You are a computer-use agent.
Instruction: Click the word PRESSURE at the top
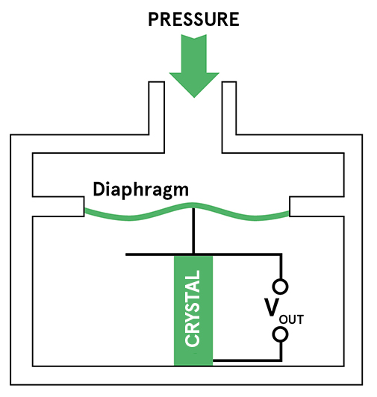pos(193,19)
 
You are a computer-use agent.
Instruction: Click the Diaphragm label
pos(141,190)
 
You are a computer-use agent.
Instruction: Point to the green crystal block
pos(193,310)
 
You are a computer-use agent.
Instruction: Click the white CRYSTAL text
pos(193,308)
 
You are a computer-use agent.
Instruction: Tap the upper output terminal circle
pos(280,287)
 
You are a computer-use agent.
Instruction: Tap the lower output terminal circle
pos(280,334)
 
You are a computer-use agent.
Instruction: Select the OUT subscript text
pos(291,319)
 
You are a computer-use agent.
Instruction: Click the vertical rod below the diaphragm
pos(193,231)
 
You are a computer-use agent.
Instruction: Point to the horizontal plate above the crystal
pos(203,254)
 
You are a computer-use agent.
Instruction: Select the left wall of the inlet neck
pos(157,117)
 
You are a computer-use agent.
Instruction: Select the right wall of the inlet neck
pos(229,117)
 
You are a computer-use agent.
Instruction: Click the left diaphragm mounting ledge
pos(58,207)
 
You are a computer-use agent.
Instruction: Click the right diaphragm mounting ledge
pos(317,207)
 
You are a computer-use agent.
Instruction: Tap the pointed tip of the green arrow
pos(194,98)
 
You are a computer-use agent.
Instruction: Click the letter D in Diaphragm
pos(99,189)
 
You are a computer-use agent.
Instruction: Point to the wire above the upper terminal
pos(281,266)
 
